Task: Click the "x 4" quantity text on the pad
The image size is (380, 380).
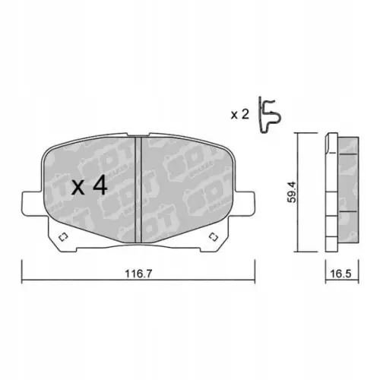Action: coord(89,187)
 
